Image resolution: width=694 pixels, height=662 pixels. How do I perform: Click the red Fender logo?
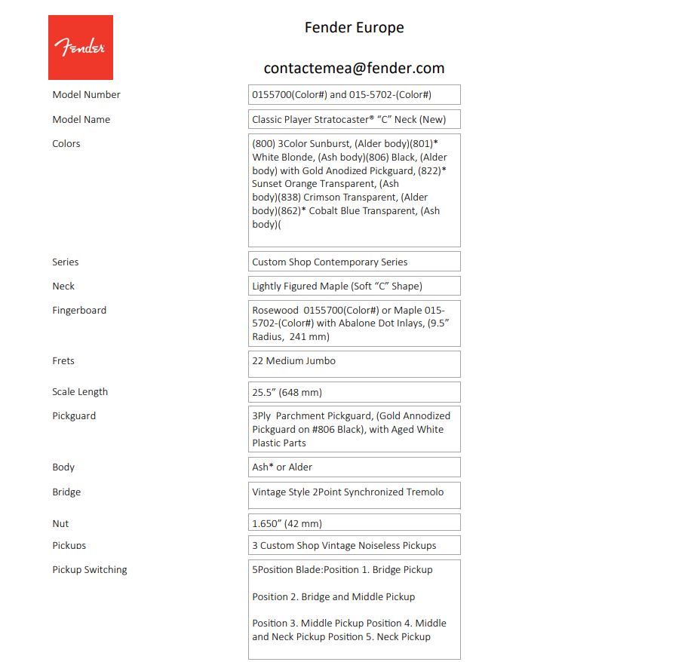point(80,48)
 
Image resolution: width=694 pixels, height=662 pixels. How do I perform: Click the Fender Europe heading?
point(354,28)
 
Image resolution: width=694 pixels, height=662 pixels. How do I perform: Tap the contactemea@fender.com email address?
point(354,68)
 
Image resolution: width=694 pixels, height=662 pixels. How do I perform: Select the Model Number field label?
point(86,95)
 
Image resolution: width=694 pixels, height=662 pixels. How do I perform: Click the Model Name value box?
point(354,119)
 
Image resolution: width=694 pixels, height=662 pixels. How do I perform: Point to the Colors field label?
point(66,144)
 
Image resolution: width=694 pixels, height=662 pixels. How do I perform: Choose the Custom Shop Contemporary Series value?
point(354,262)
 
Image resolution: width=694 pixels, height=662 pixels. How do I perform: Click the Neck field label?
point(63,287)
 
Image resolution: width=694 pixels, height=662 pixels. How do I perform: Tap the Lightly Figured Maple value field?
point(354,286)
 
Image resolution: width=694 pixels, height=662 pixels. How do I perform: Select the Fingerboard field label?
point(79,311)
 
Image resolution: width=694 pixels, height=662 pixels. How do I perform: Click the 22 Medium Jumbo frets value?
point(354,363)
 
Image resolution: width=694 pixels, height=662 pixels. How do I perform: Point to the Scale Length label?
point(80,392)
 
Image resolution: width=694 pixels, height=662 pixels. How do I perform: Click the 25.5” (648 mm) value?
point(354,392)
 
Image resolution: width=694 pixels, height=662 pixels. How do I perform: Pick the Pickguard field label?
point(74,416)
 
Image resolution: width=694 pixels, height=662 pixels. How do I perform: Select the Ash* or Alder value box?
point(354,467)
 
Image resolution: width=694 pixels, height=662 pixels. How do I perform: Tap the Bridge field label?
point(66,492)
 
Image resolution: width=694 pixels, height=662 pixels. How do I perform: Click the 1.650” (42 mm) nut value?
point(354,523)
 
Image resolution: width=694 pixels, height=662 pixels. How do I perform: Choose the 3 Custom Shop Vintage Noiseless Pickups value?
point(354,545)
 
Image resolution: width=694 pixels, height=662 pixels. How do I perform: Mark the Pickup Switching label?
point(90,570)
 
